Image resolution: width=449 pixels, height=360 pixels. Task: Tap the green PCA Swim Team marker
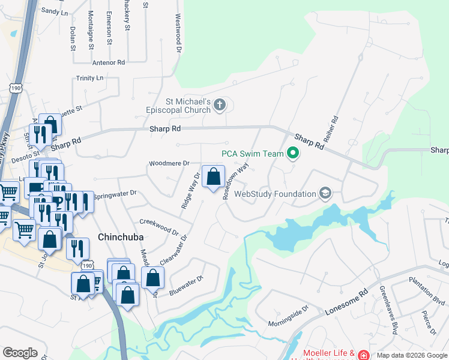(293, 154)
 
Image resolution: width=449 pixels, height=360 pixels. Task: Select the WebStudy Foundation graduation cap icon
(325, 193)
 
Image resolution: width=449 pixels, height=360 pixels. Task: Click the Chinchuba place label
(120, 237)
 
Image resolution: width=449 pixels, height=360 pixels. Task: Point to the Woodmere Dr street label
(169, 163)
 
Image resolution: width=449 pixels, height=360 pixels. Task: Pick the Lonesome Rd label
(346, 304)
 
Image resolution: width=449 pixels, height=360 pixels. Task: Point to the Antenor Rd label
(109, 62)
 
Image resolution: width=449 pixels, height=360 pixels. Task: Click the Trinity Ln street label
(90, 78)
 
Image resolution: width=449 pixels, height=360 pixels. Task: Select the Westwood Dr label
(178, 33)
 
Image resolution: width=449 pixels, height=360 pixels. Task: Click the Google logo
(20, 353)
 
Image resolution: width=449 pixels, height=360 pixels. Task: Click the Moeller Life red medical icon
(364, 355)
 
